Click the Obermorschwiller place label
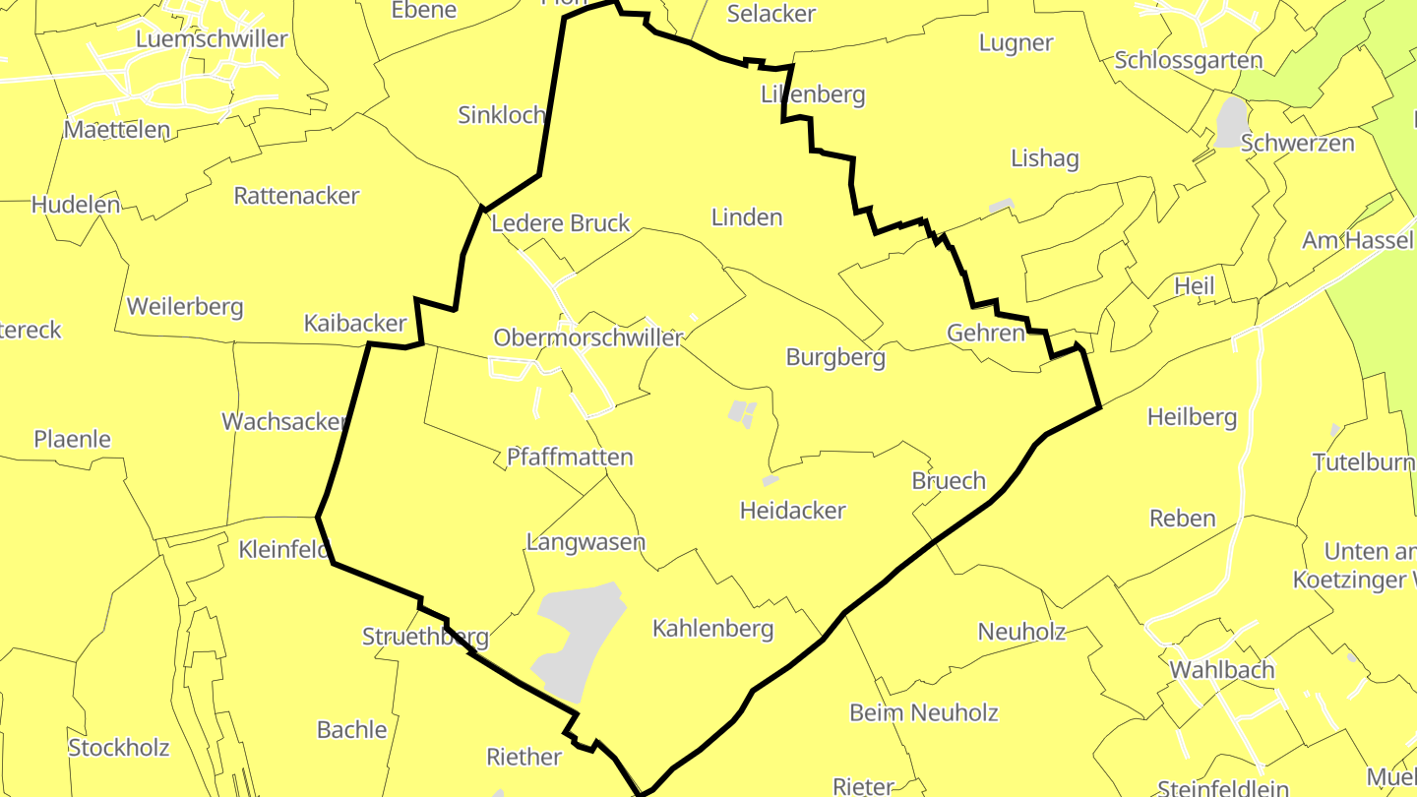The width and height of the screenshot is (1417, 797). tap(587, 338)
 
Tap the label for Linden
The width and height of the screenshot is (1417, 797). tap(747, 217)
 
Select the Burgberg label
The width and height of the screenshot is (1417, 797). tap(835, 358)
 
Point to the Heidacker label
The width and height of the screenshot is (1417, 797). tap(792, 511)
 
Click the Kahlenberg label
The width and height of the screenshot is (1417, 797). tap(713, 629)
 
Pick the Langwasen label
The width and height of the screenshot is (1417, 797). tap(585, 542)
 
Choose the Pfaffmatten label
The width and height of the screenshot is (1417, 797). tap(570, 458)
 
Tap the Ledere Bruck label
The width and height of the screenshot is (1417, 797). tap(560, 223)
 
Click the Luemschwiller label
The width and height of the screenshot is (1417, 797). tap(212, 39)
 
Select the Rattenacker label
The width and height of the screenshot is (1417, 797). tap(296, 196)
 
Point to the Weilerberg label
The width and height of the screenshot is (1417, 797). tap(185, 307)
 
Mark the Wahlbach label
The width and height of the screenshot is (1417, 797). tap(1222, 670)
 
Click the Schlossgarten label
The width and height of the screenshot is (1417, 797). tap(1189, 61)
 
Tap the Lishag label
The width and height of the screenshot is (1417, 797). tap(1045, 159)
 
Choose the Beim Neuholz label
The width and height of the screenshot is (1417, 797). tap(924, 713)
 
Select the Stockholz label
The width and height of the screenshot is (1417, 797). tap(119, 748)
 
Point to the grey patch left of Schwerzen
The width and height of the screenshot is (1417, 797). tap(1230, 122)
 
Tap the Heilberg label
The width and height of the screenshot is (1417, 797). tap(1192, 418)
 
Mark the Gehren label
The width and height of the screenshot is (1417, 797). tap(986, 334)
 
